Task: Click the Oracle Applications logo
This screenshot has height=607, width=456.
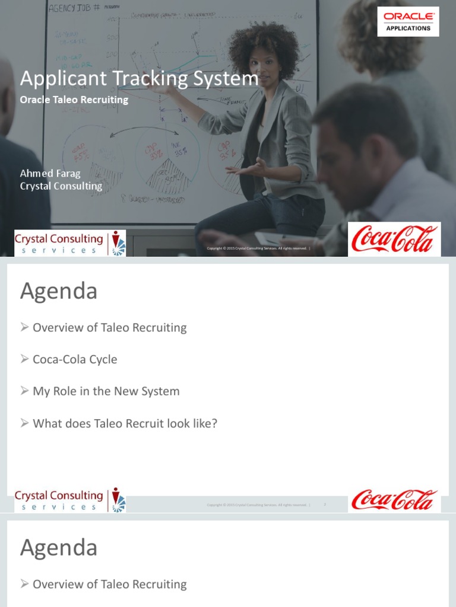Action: [408, 21]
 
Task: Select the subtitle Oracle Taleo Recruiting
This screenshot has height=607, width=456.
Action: [74, 100]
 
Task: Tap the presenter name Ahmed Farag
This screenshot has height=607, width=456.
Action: [50, 173]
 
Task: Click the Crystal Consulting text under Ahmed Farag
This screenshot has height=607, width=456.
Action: [61, 186]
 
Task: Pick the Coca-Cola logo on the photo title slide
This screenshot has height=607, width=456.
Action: [394, 239]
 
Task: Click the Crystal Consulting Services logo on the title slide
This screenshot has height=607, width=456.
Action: [69, 243]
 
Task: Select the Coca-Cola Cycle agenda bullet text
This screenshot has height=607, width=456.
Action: [75, 359]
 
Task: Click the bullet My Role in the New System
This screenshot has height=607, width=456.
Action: [106, 391]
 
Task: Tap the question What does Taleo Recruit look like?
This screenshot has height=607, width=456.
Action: [125, 423]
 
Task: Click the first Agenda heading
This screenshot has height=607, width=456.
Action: [58, 291]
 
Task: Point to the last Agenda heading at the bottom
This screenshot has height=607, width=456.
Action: [58, 548]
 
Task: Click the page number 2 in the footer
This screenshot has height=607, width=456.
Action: [325, 504]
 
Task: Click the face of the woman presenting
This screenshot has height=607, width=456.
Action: [262, 65]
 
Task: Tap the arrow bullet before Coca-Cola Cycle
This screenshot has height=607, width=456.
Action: [24, 359]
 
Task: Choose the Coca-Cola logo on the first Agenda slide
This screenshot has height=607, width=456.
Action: [394, 500]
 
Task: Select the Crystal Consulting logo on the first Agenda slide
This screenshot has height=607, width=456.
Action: [69, 500]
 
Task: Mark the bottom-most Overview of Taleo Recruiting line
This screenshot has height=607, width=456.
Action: [109, 584]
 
